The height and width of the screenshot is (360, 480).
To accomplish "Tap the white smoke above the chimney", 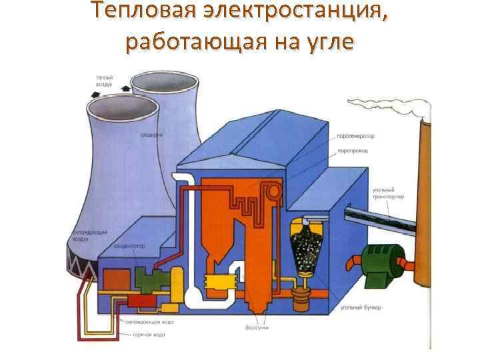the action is (389, 106).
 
